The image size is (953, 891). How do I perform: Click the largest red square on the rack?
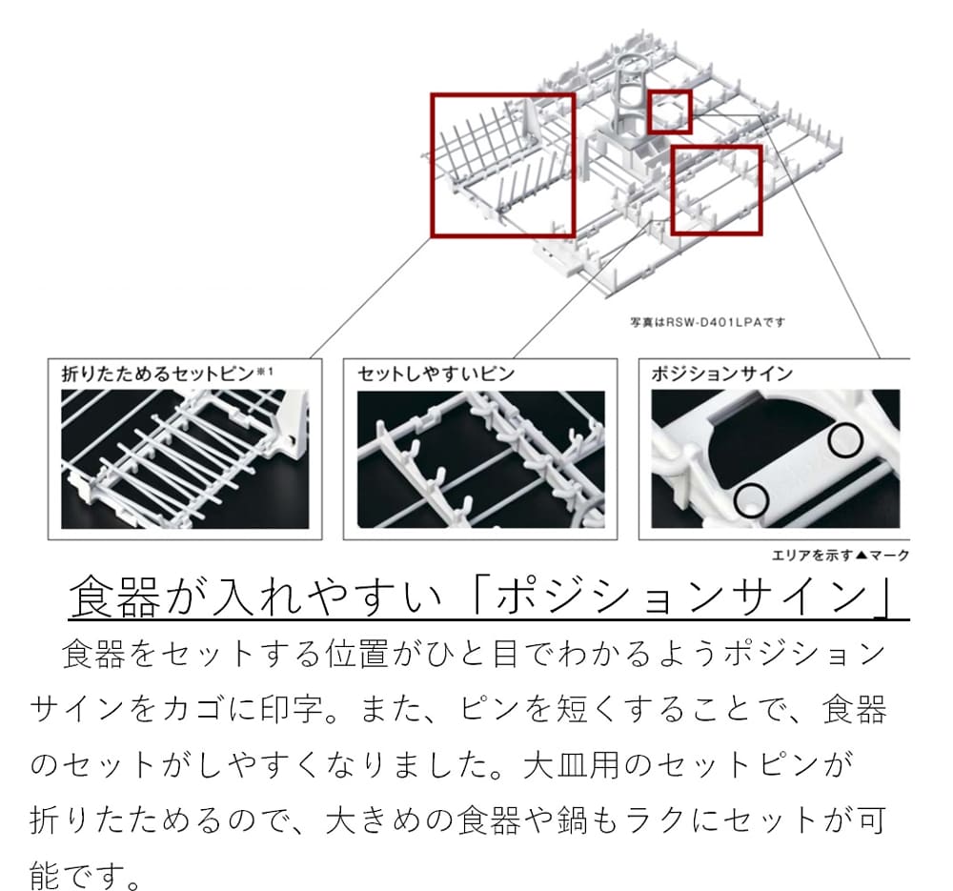click(503, 164)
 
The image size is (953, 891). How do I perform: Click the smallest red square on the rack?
click(669, 111)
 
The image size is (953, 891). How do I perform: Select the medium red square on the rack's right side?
click(717, 190)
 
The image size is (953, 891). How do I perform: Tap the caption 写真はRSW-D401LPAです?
click(706, 322)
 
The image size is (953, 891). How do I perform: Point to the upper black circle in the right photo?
click(844, 438)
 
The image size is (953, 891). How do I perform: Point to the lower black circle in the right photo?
click(752, 496)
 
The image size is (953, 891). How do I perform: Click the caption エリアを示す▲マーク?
click(840, 556)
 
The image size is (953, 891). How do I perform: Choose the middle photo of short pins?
click(480, 458)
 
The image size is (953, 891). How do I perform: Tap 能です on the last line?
click(86, 872)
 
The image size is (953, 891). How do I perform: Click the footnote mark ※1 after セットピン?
click(264, 370)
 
